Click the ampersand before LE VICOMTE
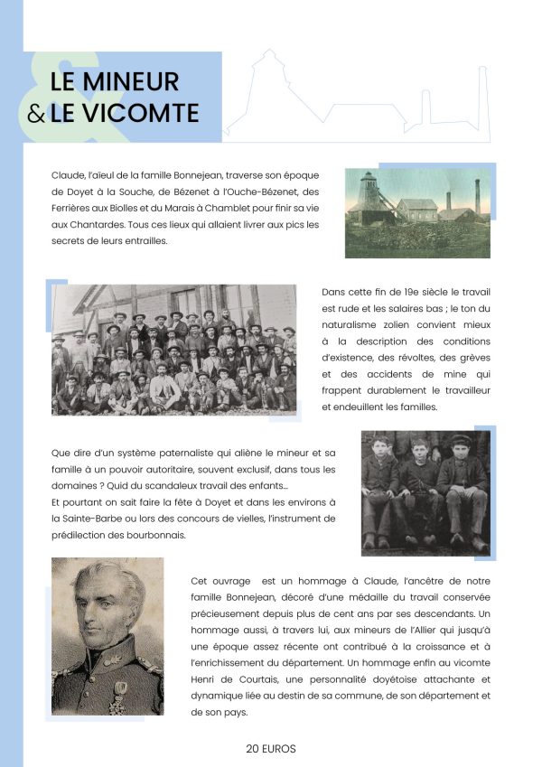pos(36,115)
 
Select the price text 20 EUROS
pos(271,748)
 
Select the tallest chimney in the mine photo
pos(477,199)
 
